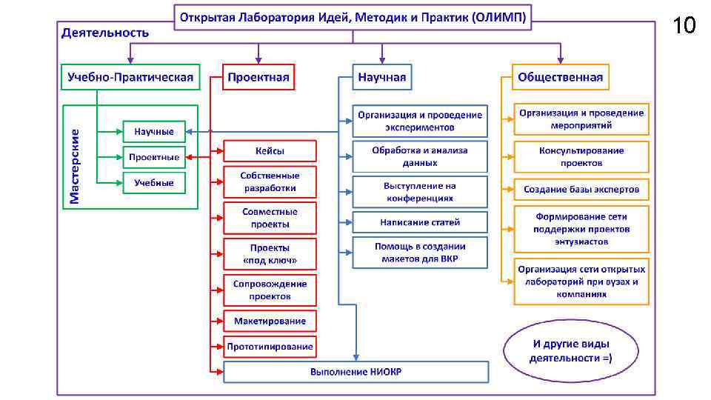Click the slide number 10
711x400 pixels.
(684, 27)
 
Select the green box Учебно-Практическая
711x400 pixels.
(130, 77)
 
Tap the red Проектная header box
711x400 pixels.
(258, 77)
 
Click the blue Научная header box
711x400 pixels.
(381, 77)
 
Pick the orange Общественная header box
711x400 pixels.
(560, 77)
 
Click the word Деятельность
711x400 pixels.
(105, 33)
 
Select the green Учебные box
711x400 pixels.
(154, 182)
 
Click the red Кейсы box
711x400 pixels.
(270, 151)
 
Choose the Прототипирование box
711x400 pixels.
(270, 346)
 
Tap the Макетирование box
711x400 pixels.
(270, 321)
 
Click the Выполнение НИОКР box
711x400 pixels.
(355, 371)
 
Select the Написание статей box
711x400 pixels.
(420, 221)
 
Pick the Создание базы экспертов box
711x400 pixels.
(581, 190)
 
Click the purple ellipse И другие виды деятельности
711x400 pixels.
(570, 351)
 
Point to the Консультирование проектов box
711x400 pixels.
(581, 156)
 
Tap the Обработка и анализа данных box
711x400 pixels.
(420, 156)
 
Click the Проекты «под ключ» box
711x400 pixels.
(270, 254)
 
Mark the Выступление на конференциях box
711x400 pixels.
(420, 191)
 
